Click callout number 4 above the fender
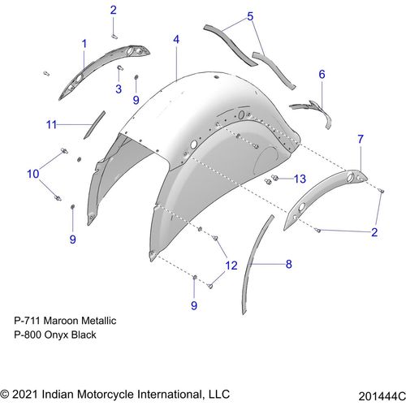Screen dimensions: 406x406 click(176, 40)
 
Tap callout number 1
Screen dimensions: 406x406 click(84, 44)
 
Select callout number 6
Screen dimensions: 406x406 click(322, 74)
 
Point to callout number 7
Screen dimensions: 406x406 click(361, 139)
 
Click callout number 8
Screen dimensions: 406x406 click(289, 264)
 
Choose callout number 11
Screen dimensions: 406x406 click(51, 125)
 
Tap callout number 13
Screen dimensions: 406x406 click(300, 179)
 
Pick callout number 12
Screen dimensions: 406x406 click(231, 266)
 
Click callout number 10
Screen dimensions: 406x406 click(33, 174)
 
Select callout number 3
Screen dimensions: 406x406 click(119, 89)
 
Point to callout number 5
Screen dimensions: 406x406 click(250, 16)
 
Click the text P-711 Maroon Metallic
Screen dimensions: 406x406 click(65, 321)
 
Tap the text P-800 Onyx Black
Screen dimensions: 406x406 click(55, 335)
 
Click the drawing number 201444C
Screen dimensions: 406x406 click(382, 396)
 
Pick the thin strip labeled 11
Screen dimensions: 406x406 click(94, 125)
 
